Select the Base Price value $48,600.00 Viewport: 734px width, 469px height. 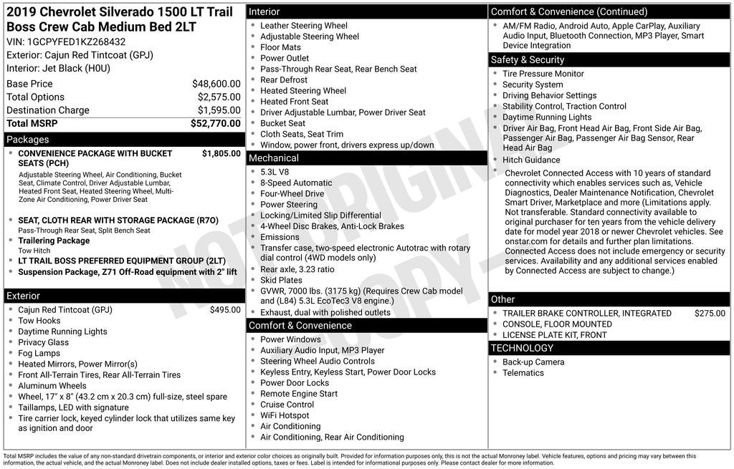click(216, 84)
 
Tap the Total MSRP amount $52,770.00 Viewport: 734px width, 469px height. click(215, 123)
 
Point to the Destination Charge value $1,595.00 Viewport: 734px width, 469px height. click(219, 110)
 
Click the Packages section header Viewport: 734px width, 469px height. click(28, 140)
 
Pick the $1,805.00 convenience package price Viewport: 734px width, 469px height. click(221, 153)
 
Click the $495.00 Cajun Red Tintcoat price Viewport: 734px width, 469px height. click(225, 310)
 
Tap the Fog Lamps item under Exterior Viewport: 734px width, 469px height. click(39, 353)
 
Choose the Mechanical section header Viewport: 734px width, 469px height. click(273, 158)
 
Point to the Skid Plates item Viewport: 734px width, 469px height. click(281, 280)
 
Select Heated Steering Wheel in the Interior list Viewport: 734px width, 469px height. click(303, 91)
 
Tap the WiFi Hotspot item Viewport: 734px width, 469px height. click(285, 415)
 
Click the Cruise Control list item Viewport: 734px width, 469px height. click(287, 405)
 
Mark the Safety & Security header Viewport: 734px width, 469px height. click(528, 60)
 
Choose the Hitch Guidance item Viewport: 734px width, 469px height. click(531, 160)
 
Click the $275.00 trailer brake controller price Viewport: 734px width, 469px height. click(710, 313)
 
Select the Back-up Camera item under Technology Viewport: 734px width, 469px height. click(533, 362)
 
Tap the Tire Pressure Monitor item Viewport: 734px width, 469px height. click(543, 74)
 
